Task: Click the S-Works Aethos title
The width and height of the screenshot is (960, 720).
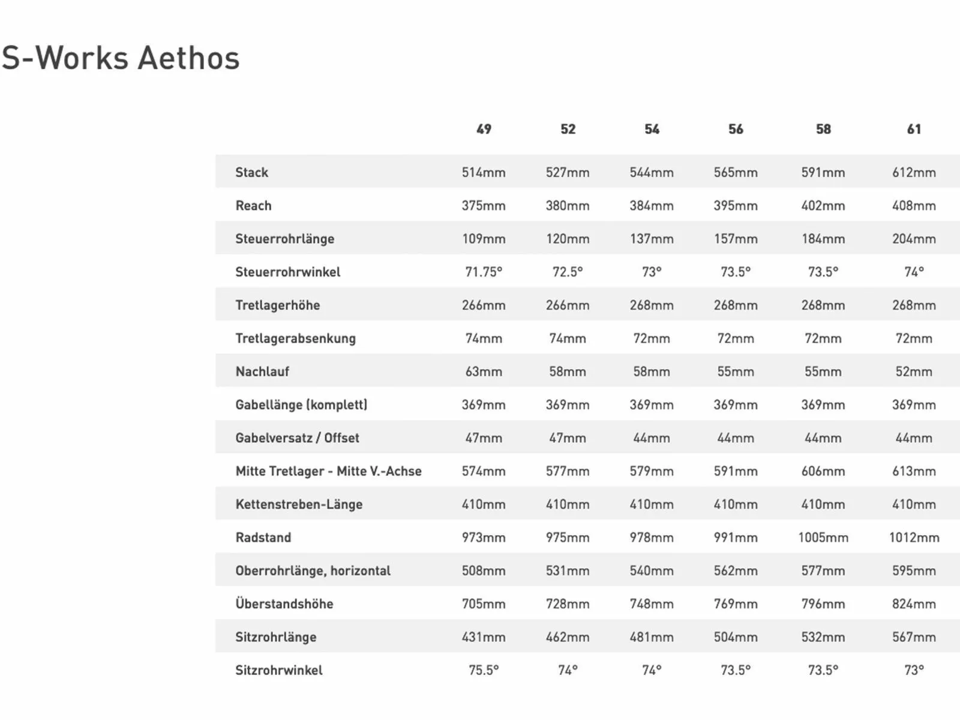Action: click(121, 58)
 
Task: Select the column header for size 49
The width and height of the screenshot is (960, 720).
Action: click(484, 129)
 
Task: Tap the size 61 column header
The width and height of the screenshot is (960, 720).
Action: click(914, 129)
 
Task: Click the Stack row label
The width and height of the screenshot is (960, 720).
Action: click(251, 172)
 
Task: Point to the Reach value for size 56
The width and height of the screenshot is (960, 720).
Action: click(736, 206)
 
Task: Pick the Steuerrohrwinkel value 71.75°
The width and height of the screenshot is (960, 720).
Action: click(484, 272)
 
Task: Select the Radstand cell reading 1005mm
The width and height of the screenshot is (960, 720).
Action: click(823, 538)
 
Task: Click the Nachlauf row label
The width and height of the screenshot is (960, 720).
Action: click(262, 371)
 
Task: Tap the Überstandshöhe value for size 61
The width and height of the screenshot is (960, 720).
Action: click(914, 604)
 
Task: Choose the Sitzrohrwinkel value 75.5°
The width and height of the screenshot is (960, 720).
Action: click(484, 670)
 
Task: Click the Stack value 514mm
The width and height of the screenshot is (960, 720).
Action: click(484, 172)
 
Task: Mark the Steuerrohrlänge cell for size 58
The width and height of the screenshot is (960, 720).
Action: click(823, 239)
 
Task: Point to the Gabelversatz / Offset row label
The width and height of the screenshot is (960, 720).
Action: click(297, 438)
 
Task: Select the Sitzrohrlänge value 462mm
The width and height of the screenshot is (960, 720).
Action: click(568, 637)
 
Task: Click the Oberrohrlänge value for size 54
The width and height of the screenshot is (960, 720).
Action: click(652, 571)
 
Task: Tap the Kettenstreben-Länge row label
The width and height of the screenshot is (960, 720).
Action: click(299, 504)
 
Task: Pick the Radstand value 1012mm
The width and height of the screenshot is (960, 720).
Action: click(914, 538)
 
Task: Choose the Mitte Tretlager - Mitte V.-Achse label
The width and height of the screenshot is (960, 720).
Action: click(328, 471)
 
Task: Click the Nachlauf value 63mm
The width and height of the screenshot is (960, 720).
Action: click(484, 371)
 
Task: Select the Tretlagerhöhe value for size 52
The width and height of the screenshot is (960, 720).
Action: click(568, 305)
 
